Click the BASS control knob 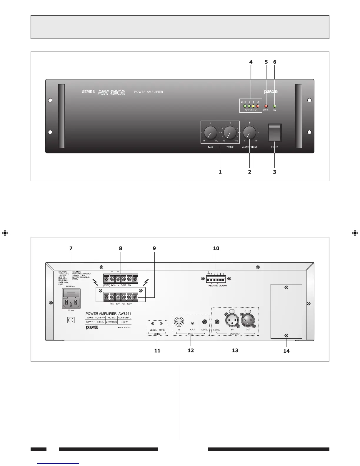coord(211,133)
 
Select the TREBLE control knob coord(230,133)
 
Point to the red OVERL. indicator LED coord(266,106)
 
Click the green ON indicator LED coord(275,106)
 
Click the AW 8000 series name coord(111,93)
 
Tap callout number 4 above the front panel coord(251,62)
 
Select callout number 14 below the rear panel coord(286,351)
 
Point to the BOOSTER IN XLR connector coord(232,320)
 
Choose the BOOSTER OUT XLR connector coord(248,320)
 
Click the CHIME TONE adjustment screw coord(161,324)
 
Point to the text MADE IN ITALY coord(124,327)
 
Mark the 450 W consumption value coord(124,322)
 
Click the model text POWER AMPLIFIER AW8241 coord(108,314)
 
